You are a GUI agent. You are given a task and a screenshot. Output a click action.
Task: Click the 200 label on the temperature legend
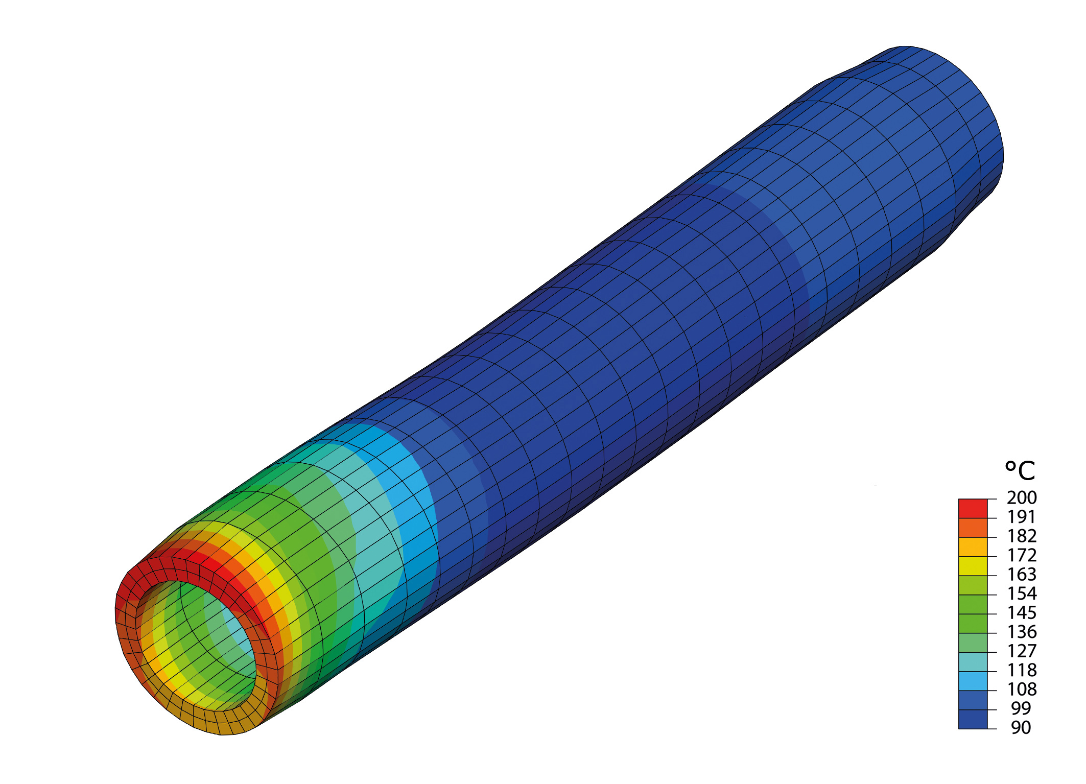coord(1022,497)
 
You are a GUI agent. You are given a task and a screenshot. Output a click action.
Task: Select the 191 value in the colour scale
coord(1022,517)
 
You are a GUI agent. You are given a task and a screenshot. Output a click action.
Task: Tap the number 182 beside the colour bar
coord(1022,536)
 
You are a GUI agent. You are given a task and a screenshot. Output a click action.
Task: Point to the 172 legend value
coord(1022,555)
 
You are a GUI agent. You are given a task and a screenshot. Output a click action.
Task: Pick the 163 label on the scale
coord(1022,574)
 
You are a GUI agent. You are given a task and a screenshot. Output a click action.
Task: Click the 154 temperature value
coord(1022,593)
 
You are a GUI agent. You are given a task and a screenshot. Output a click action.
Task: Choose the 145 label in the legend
coord(1022,612)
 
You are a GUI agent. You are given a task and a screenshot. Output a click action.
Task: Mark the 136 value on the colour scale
coord(1022,632)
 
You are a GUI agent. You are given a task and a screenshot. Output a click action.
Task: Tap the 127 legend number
coord(1022,651)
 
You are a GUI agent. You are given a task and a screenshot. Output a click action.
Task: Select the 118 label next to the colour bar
coord(1022,670)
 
